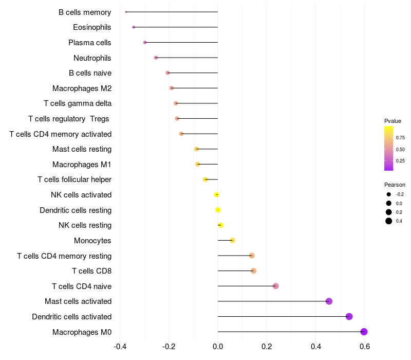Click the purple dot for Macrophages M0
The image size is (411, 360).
tap(364, 332)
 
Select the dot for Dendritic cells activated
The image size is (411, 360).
tap(349, 316)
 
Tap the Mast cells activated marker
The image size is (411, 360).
tap(329, 301)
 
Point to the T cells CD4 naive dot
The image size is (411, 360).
tap(276, 286)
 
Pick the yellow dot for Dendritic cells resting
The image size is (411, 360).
tap(218, 210)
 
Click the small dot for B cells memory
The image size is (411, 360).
tap(126, 12)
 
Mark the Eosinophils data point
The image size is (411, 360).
tap(134, 27)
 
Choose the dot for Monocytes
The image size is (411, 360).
tap(232, 240)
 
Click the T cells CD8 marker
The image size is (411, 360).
tap(253, 271)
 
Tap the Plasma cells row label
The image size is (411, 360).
tap(90, 42)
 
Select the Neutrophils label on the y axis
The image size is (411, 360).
tap(92, 58)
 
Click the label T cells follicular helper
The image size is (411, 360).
tap(74, 179)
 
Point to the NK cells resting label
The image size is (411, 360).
tap(85, 225)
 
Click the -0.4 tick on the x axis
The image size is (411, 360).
tap(119, 347)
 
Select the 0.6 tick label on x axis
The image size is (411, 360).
tap(365, 347)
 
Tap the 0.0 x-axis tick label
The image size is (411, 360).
tap(218, 347)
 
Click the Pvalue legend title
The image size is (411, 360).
tap(393, 121)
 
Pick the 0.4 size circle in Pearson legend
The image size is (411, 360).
tap(389, 221)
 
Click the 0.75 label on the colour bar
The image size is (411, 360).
tap(400, 138)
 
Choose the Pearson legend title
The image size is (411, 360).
tap(395, 185)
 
